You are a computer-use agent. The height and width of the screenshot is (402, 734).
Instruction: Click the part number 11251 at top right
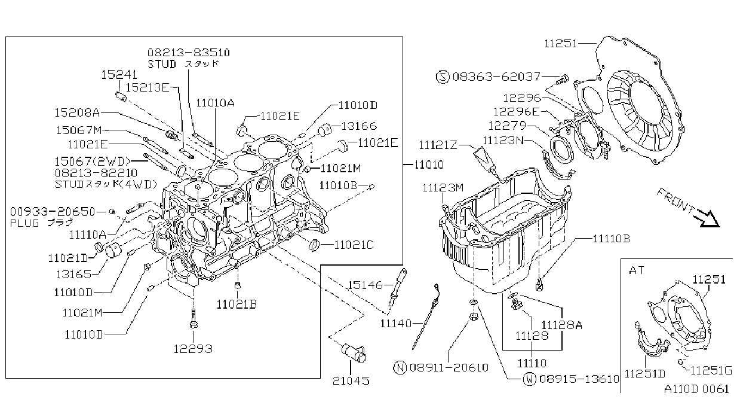pos(560,44)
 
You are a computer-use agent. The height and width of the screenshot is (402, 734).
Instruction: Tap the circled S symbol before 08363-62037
pos(443,77)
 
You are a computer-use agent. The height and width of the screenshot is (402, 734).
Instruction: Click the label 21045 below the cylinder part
pos(351,381)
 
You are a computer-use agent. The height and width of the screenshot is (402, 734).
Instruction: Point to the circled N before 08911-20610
pos(400,367)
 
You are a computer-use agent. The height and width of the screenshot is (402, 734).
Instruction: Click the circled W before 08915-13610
pos(530,379)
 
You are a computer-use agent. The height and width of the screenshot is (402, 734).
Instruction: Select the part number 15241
pos(119,75)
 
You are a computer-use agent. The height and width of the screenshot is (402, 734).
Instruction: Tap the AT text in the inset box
pos(637,270)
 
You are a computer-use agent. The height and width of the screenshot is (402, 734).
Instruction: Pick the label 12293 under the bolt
pos(193,349)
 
